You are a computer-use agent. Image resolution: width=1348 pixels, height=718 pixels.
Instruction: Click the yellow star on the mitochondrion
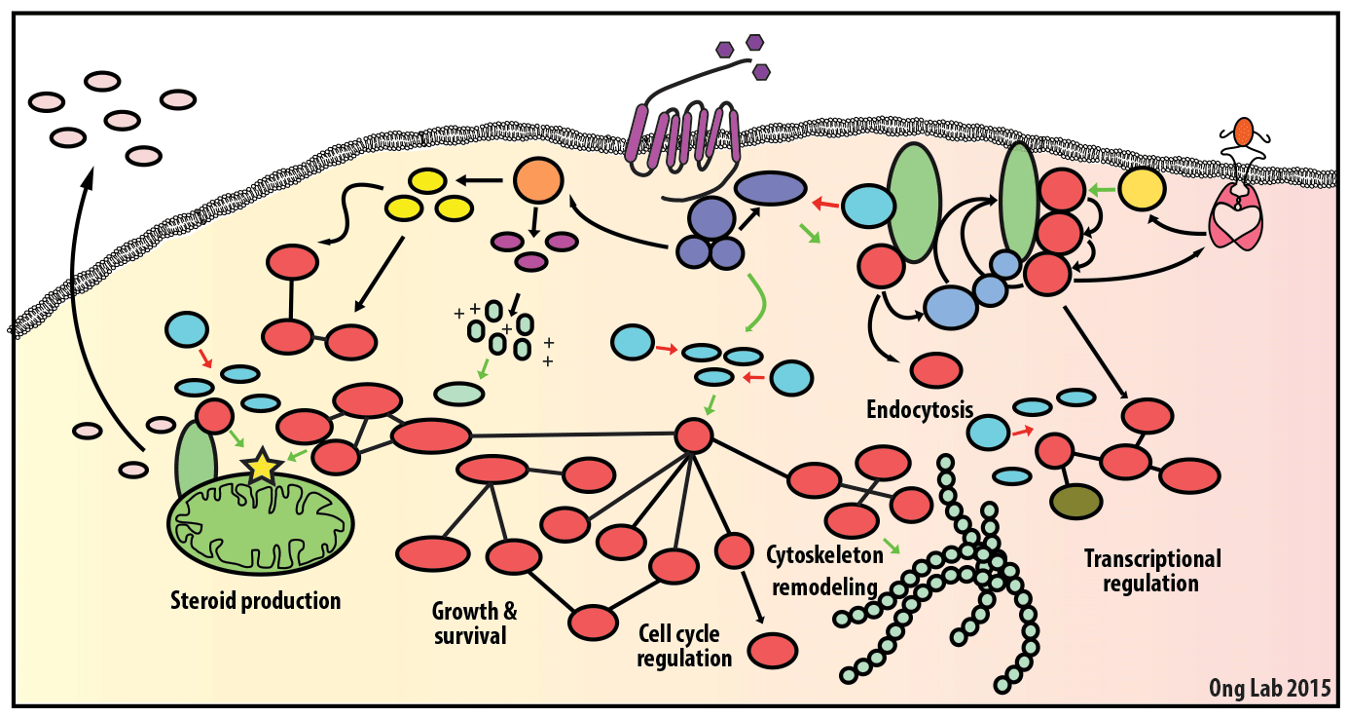[x=262, y=468]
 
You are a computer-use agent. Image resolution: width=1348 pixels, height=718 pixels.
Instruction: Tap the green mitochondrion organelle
[x=261, y=516]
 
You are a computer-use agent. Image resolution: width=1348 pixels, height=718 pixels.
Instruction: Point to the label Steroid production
[x=256, y=600]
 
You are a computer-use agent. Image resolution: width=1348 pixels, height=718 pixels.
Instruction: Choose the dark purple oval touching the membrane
[x=770, y=188]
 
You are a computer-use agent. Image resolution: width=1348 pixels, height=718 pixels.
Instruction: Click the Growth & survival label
[x=475, y=624]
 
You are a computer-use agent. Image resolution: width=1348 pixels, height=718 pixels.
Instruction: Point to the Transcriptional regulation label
[x=1152, y=571]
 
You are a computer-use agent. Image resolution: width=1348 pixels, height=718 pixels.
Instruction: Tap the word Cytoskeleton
[x=824, y=555]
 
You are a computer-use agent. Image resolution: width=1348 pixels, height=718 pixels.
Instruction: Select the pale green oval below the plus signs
[x=459, y=394]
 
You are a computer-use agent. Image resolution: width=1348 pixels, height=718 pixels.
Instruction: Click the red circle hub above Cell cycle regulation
[x=694, y=435]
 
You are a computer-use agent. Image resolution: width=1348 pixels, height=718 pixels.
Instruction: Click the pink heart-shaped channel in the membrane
[x=1234, y=219]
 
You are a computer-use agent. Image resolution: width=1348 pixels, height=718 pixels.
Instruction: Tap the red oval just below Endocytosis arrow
[x=936, y=370]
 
